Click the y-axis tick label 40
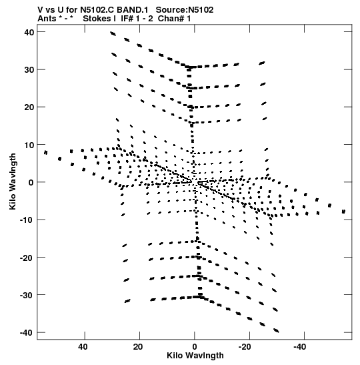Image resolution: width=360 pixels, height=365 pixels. click(29, 32)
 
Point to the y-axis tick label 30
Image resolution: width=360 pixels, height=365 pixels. click(29, 69)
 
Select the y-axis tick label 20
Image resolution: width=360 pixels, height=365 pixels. click(29, 107)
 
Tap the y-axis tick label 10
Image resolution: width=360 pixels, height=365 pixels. click(29, 145)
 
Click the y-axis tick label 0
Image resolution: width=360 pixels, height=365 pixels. click(31, 183)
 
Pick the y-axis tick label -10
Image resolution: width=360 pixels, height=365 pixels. click(27, 220)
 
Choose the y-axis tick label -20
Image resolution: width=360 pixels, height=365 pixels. click(27, 258)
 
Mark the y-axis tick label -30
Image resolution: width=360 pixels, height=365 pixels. click(27, 295)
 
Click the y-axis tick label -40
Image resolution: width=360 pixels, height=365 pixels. click(27, 333)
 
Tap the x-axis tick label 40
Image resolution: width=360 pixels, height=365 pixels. click(83, 347)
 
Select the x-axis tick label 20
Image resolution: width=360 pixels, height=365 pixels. click(138, 347)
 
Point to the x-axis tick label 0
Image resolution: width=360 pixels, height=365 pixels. click(195, 347)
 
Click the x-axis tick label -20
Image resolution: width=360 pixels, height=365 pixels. click(245, 347)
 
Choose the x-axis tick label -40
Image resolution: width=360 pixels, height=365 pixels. click(300, 347)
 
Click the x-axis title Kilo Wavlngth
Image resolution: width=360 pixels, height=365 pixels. click(195, 356)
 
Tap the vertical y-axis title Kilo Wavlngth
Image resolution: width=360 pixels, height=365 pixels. click(13, 181)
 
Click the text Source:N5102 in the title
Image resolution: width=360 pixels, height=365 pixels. click(185, 10)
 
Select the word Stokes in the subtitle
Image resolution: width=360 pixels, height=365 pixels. click(97, 19)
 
